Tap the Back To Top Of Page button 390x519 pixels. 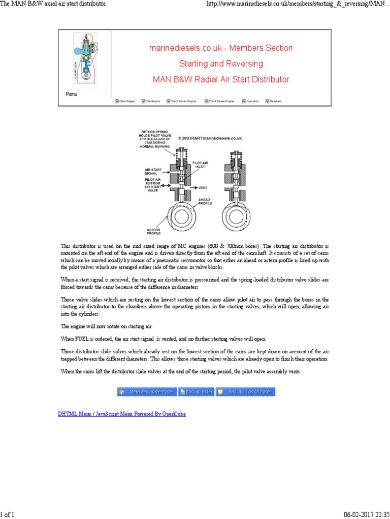tap(246, 392)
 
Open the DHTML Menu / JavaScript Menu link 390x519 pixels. tap(122, 414)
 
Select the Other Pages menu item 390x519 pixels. tap(125, 101)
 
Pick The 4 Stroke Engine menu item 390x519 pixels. tap(219, 101)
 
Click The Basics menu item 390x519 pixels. tap(151, 101)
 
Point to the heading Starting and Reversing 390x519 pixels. tap(221, 64)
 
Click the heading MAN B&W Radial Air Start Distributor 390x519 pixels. tap(221, 79)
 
